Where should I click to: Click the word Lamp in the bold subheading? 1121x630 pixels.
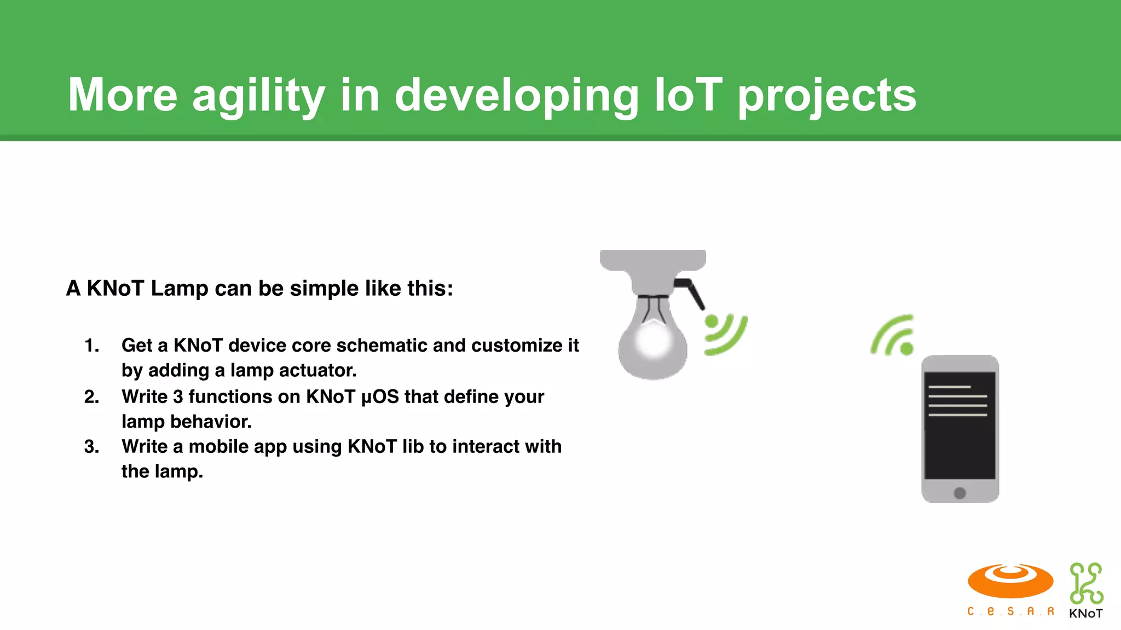tap(179, 288)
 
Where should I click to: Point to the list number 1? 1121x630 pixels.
tap(91, 346)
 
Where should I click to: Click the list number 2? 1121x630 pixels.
tap(91, 396)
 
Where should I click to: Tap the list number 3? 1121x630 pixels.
tap(91, 447)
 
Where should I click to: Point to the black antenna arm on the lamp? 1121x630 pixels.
tap(691, 293)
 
